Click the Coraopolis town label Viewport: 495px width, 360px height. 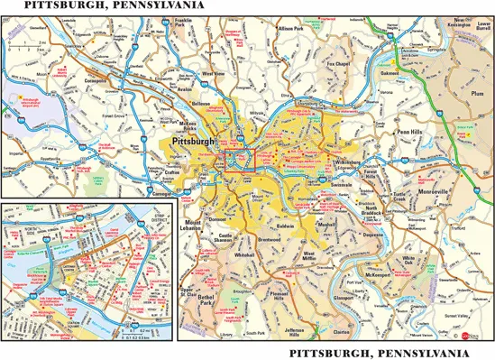69,78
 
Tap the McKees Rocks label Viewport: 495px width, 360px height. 194,124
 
